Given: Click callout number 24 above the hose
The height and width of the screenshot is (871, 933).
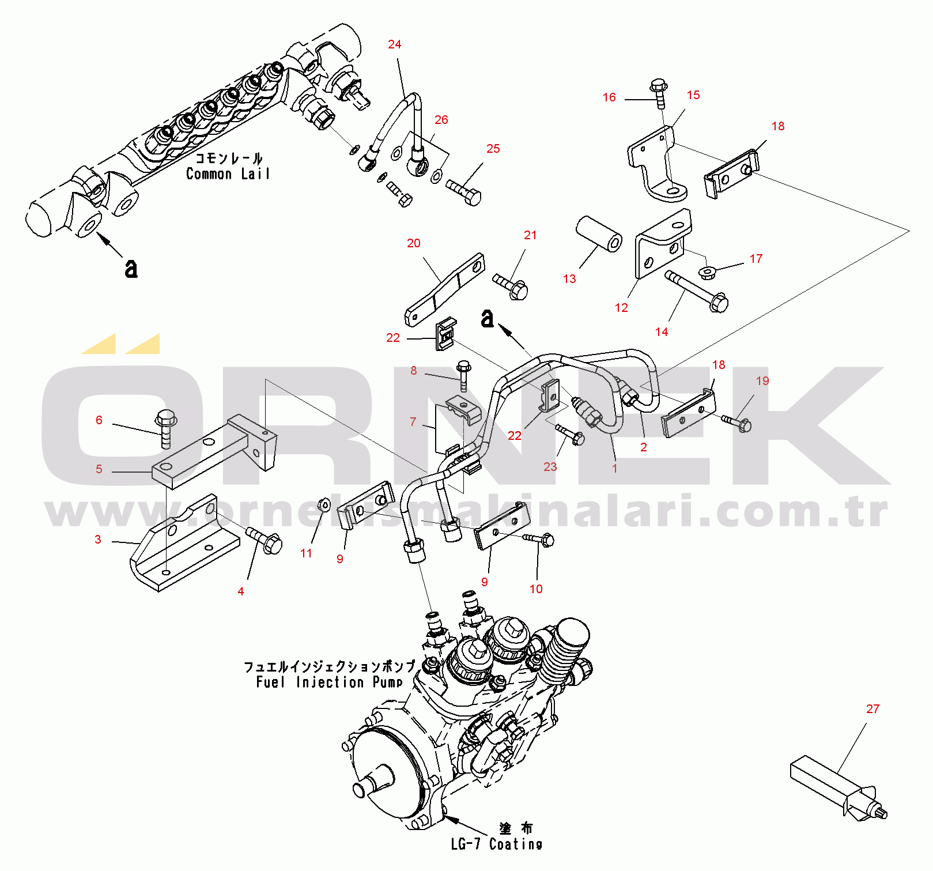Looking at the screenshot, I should point(394,44).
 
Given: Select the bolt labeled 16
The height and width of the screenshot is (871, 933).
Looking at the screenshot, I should point(659,93).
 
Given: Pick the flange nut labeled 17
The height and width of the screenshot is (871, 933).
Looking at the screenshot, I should point(707,272).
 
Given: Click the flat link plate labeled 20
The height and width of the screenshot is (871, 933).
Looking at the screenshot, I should point(444,289).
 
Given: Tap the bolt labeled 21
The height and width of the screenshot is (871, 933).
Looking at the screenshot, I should point(512,286).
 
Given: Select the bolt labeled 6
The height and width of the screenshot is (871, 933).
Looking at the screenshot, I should point(166,427).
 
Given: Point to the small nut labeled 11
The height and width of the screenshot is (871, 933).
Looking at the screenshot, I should point(324,505).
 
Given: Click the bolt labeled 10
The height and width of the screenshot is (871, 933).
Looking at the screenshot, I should point(540,540).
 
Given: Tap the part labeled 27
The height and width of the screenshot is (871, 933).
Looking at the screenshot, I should point(838,786).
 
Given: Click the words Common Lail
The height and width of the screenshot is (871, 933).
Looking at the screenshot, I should point(228,174).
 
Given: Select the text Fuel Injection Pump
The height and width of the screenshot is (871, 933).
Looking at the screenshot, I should point(329,683).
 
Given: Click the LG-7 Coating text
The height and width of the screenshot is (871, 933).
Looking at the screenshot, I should point(496,844).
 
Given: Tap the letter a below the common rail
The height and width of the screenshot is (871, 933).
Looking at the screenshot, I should point(131,268).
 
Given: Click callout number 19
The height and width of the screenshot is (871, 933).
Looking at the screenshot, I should point(762,381).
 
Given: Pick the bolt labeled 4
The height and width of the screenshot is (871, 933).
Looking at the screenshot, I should point(265,540).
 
